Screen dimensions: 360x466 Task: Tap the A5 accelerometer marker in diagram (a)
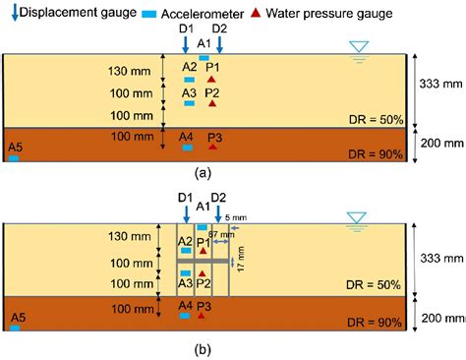point(14,157)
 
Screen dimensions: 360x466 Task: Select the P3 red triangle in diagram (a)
point(212,148)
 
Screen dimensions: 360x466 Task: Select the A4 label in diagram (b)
point(185,306)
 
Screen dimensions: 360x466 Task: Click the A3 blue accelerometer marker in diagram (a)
point(189,103)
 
